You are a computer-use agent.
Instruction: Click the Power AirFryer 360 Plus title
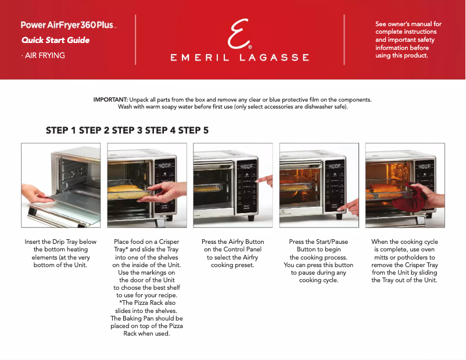(69, 26)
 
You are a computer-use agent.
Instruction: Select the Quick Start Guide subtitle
(55, 41)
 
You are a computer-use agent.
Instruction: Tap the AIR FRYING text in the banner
(43, 56)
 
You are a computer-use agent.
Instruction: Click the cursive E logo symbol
(238, 35)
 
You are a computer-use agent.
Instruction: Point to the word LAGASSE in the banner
(275, 57)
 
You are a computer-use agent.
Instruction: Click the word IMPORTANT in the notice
(110, 100)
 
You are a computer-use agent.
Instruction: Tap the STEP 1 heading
(61, 131)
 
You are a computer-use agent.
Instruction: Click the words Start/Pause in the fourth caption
(331, 242)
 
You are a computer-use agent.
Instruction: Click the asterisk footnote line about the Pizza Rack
(146, 303)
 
